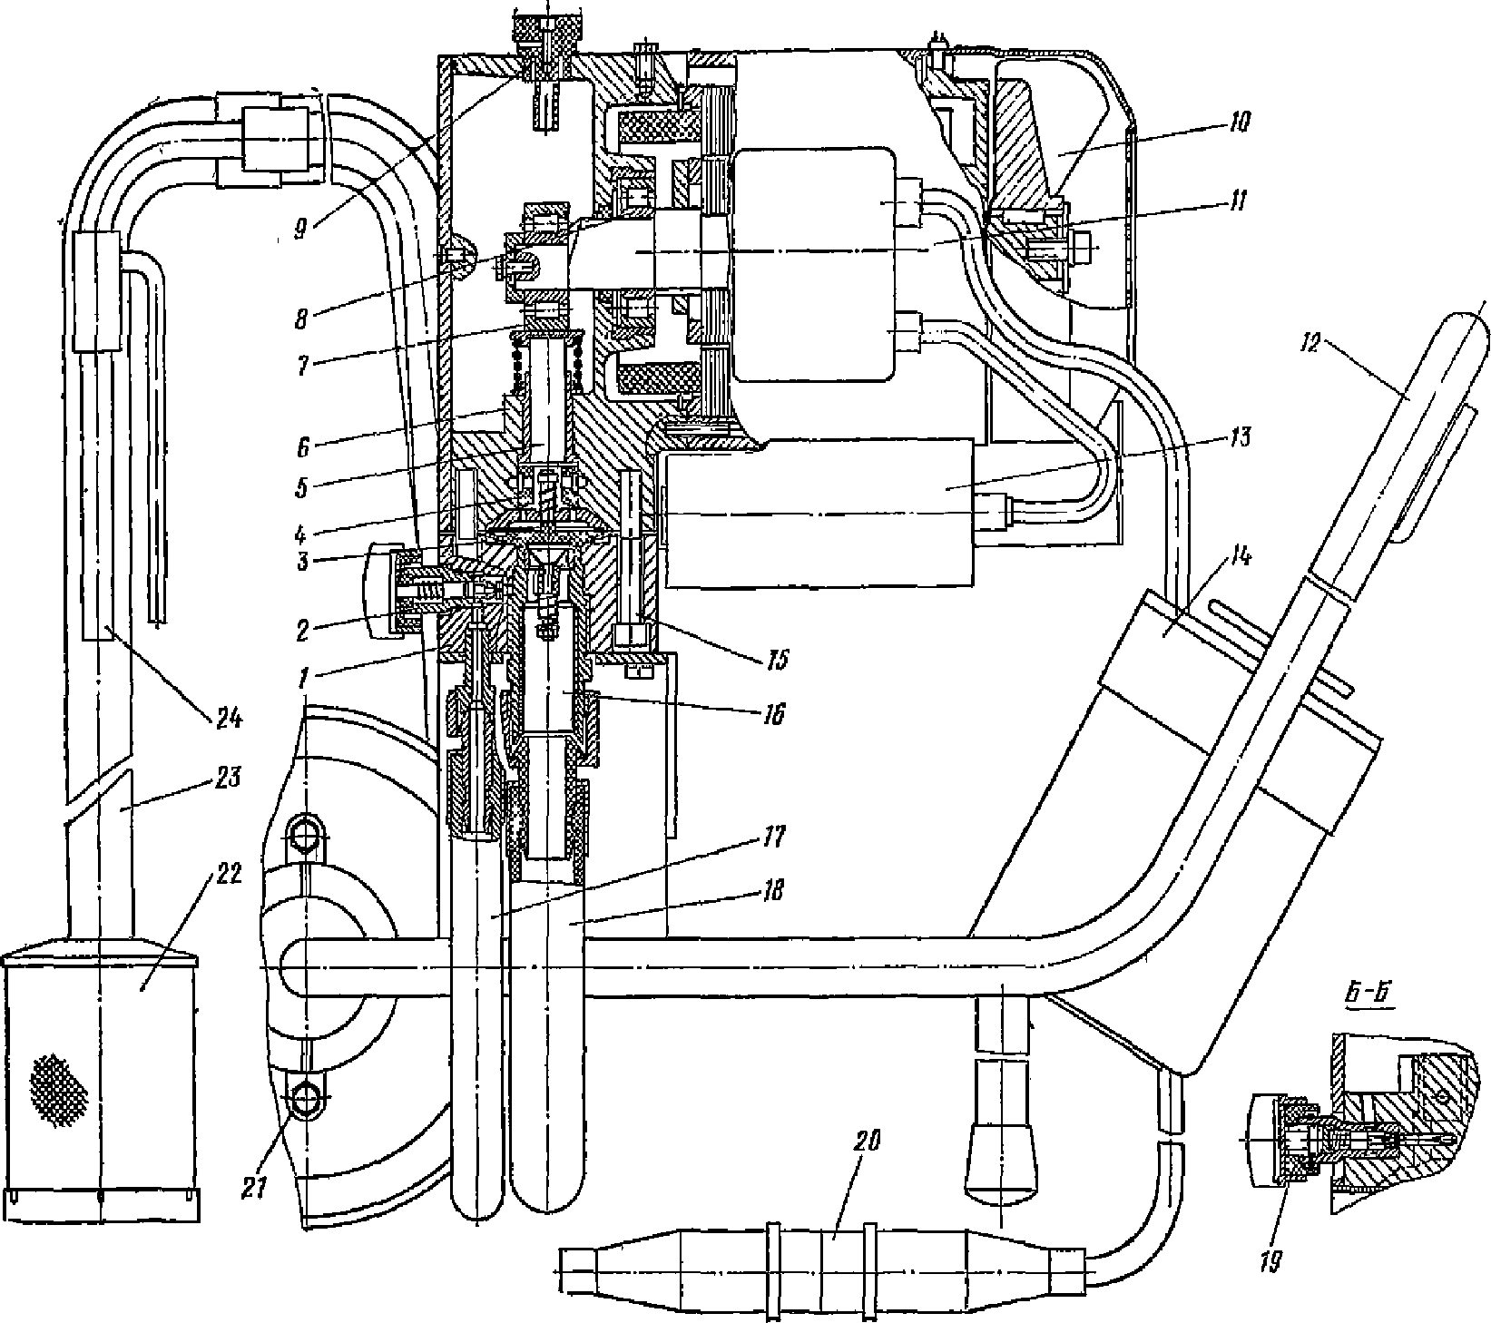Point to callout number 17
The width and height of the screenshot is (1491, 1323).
[773, 834]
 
